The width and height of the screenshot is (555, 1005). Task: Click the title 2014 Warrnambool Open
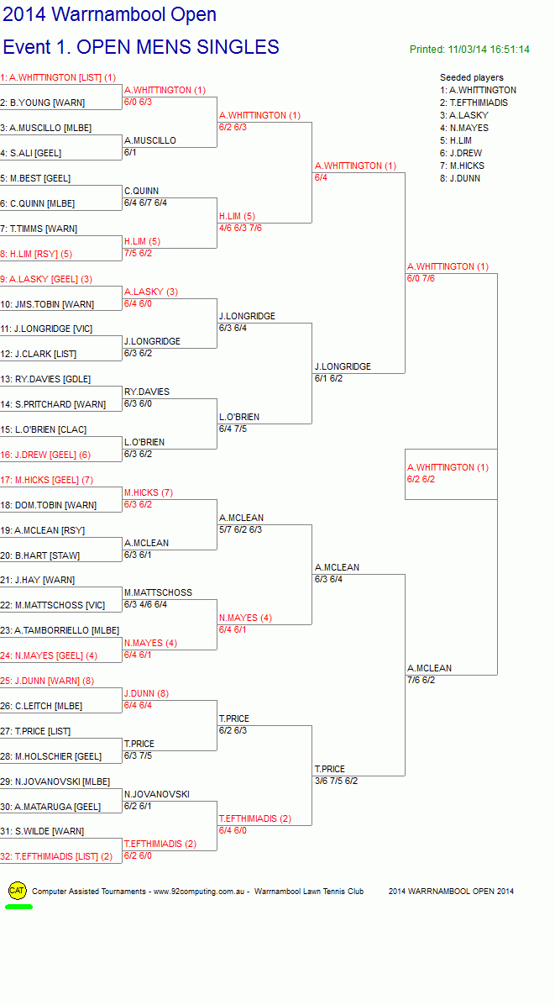tap(109, 14)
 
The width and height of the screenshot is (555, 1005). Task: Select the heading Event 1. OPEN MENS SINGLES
tap(141, 47)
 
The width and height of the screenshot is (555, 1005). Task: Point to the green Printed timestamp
tap(469, 50)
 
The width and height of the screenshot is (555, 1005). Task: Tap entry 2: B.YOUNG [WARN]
tap(43, 103)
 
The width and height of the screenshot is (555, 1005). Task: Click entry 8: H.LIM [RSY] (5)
tap(36, 254)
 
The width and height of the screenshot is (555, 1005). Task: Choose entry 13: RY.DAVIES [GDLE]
tap(45, 380)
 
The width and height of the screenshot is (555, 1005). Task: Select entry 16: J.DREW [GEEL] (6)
tap(45, 455)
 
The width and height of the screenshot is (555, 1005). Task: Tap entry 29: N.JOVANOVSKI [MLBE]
tap(55, 782)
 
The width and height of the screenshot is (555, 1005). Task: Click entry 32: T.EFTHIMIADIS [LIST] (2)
tap(56, 857)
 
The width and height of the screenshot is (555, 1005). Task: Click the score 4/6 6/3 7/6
tap(240, 228)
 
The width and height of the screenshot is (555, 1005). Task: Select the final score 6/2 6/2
tap(421, 479)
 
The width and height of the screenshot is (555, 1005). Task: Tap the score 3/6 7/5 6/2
tap(336, 781)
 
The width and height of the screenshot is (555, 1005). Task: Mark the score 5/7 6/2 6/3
tap(240, 529)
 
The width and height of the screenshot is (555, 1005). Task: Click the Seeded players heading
tap(472, 77)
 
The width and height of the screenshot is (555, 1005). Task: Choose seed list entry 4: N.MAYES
tap(464, 129)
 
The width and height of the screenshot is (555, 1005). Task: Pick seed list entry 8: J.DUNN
tap(460, 179)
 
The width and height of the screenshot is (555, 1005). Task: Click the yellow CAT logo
tap(18, 891)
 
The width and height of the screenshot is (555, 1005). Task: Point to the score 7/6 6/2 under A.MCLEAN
tap(421, 680)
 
